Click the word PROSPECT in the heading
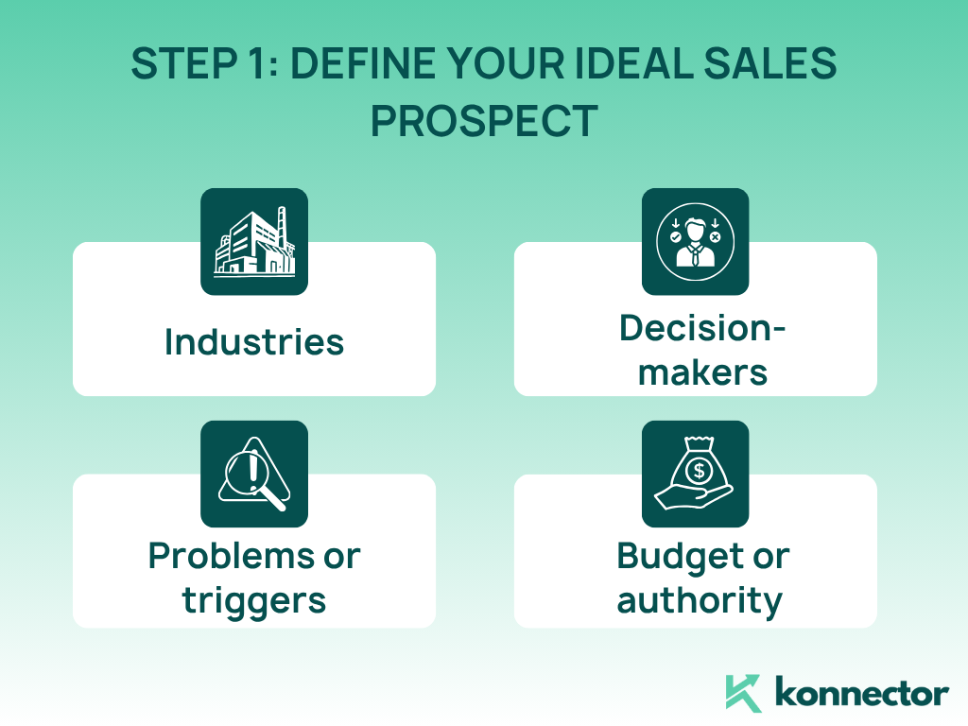(484, 121)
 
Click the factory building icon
(254, 241)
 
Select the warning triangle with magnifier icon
(254, 475)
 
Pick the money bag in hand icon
(695, 474)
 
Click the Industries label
(254, 342)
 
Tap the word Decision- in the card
(702, 328)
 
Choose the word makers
(702, 372)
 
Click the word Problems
(232, 556)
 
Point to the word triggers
(254, 601)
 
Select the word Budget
(681, 558)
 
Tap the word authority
(700, 601)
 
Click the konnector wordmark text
(862, 692)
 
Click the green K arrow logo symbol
(743, 693)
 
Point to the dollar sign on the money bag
(699, 471)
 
